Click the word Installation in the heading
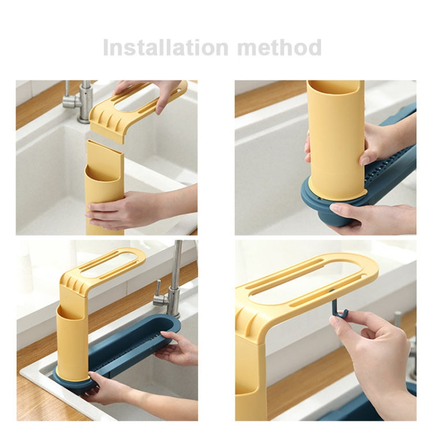coord(166,47)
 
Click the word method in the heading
coord(279,47)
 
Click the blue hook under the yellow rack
coord(339,307)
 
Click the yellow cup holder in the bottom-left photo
coord(72,342)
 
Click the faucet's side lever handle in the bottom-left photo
coord(158,293)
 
